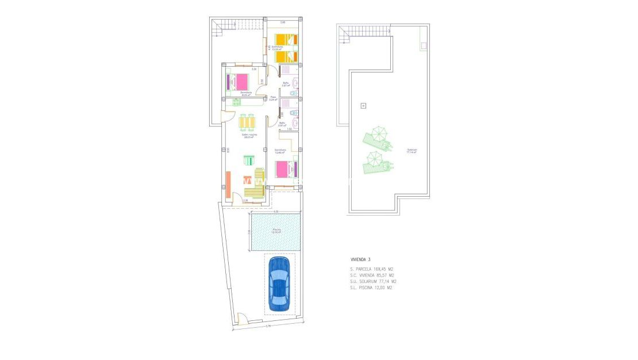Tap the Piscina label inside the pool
(x=277, y=230)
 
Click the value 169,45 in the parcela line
(x=380, y=269)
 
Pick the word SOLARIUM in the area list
(x=367, y=282)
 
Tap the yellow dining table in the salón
(x=247, y=122)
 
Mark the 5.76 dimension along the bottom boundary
(x=268, y=327)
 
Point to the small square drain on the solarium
(x=363, y=105)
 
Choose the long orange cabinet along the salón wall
(x=228, y=185)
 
